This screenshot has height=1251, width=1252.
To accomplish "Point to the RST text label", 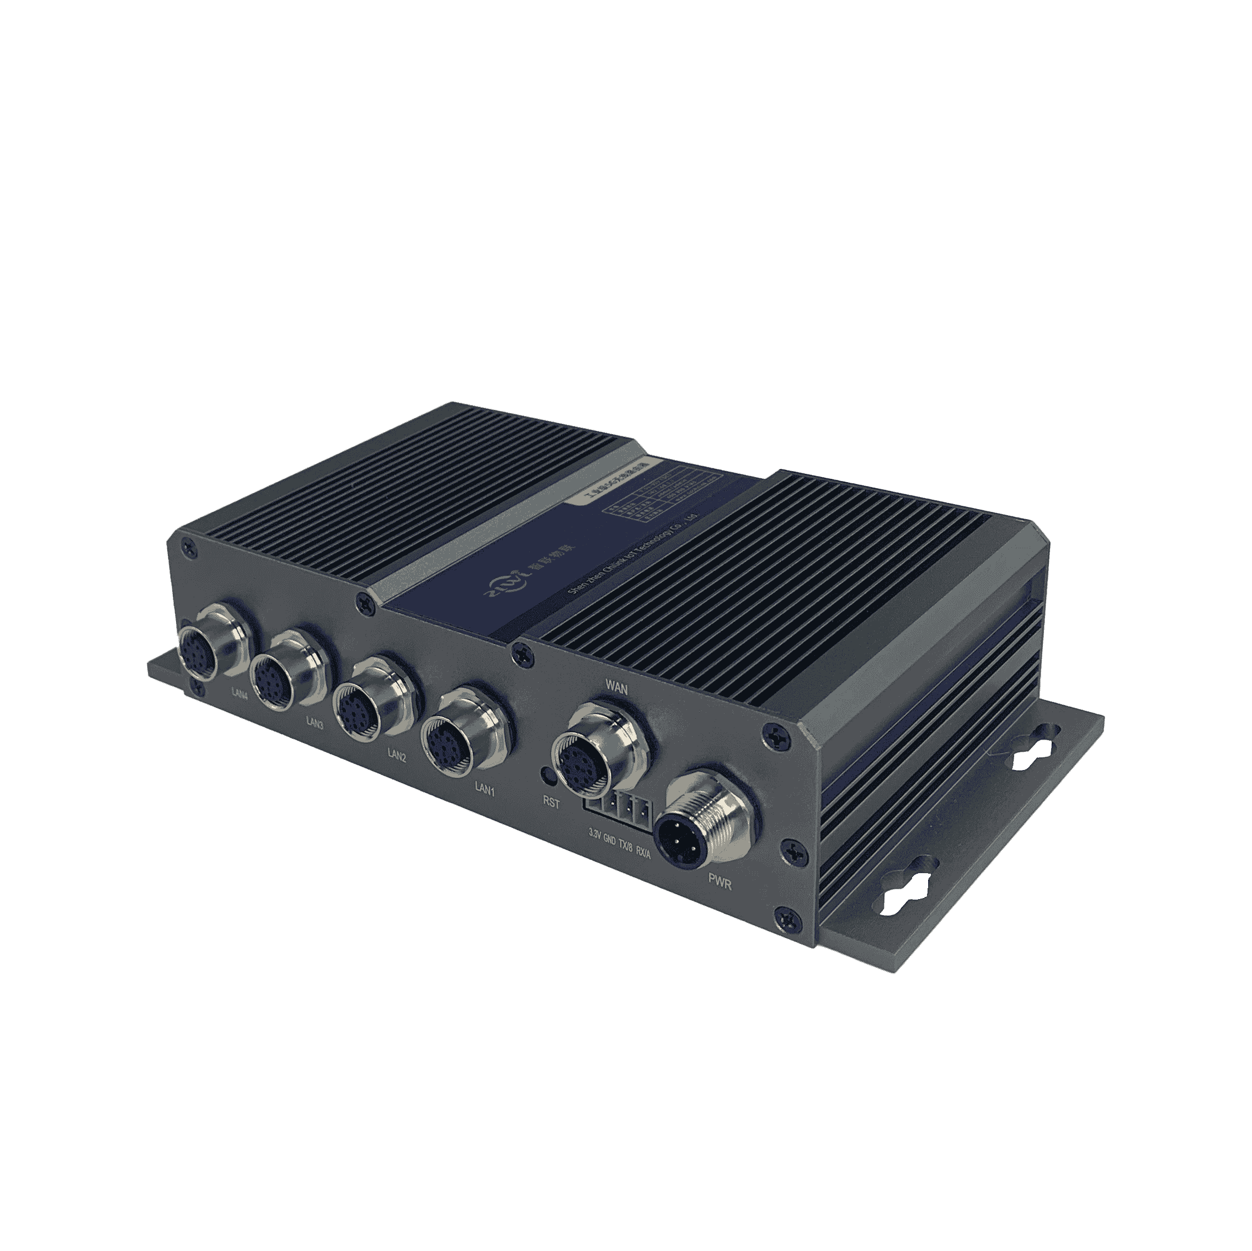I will click(x=551, y=802).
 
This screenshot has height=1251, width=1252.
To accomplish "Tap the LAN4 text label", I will click(x=240, y=694).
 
